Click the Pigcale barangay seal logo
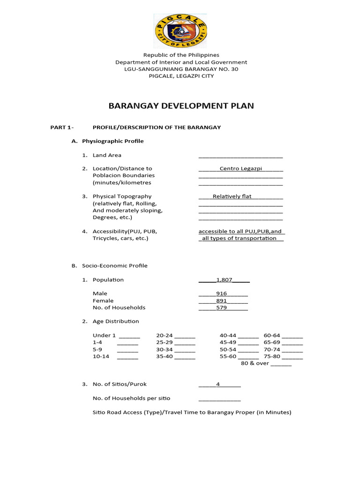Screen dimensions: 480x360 (x=180, y=31)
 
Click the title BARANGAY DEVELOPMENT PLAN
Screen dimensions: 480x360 (x=181, y=106)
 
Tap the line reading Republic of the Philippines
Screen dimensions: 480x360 (x=181, y=55)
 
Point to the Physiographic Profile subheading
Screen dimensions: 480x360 (x=112, y=141)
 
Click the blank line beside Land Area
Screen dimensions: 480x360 (x=240, y=156)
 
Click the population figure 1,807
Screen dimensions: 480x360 (x=224, y=280)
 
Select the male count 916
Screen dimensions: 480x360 (x=221, y=294)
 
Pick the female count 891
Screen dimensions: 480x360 (x=221, y=301)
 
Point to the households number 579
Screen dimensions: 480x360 (x=221, y=308)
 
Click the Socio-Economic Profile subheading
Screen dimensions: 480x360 (x=115, y=266)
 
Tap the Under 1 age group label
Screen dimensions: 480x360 (x=104, y=336)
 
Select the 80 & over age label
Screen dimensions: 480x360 (x=255, y=363)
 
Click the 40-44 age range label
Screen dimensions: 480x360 (x=228, y=336)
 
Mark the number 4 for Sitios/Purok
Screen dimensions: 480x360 (x=218, y=384)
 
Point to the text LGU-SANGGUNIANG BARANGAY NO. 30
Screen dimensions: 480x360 (x=181, y=69)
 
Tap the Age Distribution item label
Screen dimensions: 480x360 (x=116, y=322)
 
